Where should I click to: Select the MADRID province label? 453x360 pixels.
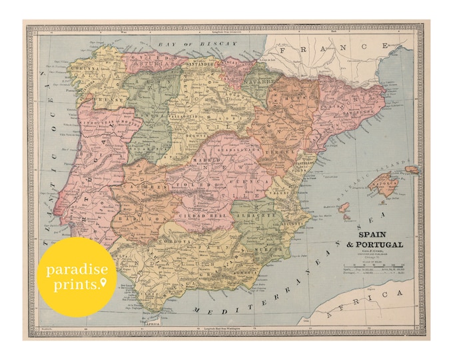pyautogui.click(x=207, y=161)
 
